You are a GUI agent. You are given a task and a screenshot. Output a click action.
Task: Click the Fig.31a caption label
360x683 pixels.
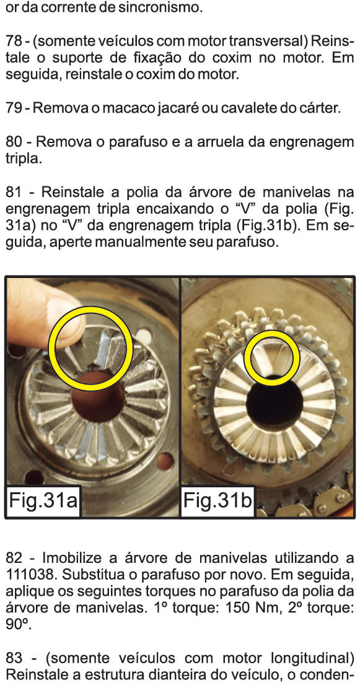pos(43,500)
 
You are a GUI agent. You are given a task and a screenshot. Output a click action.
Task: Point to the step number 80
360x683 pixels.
pos(15,142)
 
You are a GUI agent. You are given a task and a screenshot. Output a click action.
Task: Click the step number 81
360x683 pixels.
pos(15,192)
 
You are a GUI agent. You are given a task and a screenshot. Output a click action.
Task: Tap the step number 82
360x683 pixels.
pos(15,558)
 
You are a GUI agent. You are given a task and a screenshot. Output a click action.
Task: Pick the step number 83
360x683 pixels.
pos(15,658)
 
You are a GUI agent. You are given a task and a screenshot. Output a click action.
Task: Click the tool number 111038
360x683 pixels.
pos(31,575)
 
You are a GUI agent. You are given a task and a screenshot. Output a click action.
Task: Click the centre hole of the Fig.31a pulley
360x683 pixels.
pos(98,397)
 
